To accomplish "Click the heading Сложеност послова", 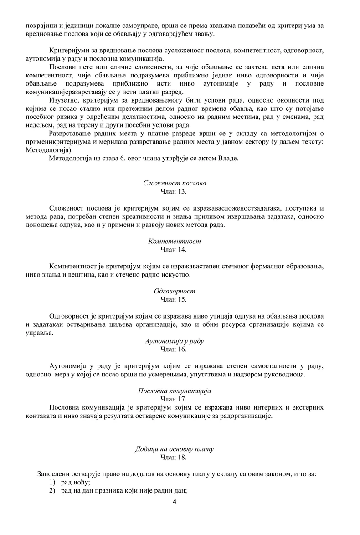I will [175, 183].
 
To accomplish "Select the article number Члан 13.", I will [174, 191].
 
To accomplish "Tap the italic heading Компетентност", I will [175, 241].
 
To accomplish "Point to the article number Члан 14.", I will [174, 249].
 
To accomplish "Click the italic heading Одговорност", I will [175, 291].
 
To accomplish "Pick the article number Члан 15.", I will [174, 299].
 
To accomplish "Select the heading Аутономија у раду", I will [175, 341].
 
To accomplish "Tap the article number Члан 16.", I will [174, 349].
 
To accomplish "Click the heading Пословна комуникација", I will [175, 391].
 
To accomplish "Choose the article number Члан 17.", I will [174, 399].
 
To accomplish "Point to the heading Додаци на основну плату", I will [175, 449].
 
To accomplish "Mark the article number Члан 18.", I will [174, 457].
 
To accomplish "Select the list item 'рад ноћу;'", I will [76, 482].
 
